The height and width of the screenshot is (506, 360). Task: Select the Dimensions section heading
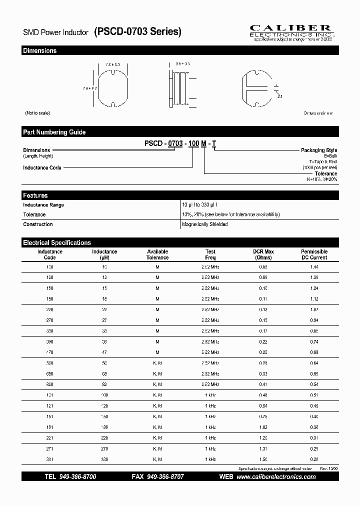pyautogui.click(x=40, y=50)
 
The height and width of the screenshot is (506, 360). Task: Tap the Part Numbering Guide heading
pyautogui.click(x=54, y=132)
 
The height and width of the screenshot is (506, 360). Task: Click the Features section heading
pyautogui.click(x=35, y=195)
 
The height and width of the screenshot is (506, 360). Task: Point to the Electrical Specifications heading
pyautogui.click(x=57, y=242)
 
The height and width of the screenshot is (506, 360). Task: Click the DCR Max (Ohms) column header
pyautogui.click(x=263, y=254)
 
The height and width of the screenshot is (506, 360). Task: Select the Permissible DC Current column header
pyautogui.click(x=314, y=254)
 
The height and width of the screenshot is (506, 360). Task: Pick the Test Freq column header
pyautogui.click(x=210, y=254)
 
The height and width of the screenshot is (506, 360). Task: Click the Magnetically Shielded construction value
pyautogui.click(x=205, y=224)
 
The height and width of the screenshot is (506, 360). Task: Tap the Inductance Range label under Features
pyautogui.click(x=43, y=205)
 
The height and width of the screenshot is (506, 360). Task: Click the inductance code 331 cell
pyautogui.click(x=50, y=459)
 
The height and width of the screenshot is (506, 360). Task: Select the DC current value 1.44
pyautogui.click(x=314, y=267)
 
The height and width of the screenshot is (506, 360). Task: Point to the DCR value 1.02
pyautogui.click(x=263, y=427)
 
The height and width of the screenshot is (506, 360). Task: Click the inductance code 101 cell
pyautogui.click(x=50, y=395)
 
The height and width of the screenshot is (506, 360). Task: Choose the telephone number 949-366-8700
pyautogui.click(x=77, y=477)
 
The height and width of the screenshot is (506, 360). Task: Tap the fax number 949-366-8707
pyautogui.click(x=164, y=477)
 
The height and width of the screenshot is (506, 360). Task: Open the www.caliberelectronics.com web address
pyautogui.click(x=276, y=477)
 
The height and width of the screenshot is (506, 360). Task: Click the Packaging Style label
pyautogui.click(x=319, y=150)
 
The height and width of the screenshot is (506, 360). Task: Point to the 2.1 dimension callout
pyautogui.click(x=279, y=96)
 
